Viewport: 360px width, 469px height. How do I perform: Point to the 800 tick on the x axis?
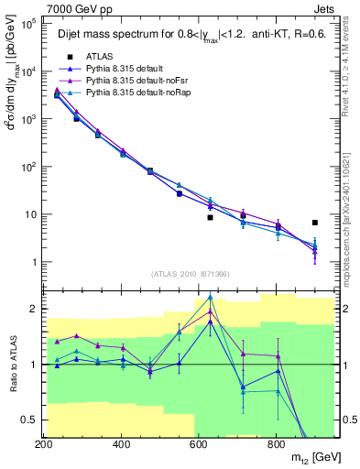click(x=276, y=443)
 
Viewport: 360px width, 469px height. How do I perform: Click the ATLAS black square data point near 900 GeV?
click(x=315, y=223)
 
